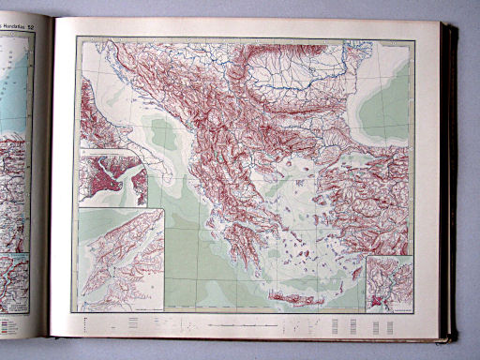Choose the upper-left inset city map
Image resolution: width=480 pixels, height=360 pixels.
(113, 178)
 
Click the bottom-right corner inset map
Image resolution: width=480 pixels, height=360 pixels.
(389, 283)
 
